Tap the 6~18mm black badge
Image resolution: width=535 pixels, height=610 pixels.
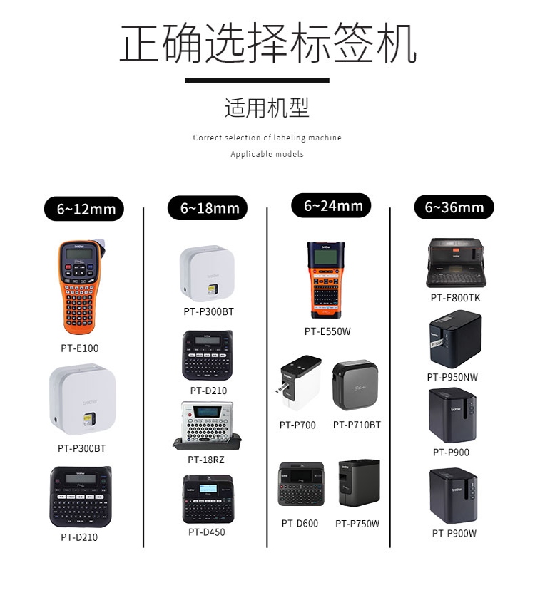coord(208,208)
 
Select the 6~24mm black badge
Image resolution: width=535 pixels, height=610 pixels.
coord(332,206)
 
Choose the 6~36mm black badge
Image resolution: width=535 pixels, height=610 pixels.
coord(454,207)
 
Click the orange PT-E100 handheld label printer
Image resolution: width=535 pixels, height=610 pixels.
coord(79,287)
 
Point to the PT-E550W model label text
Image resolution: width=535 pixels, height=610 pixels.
coord(327,331)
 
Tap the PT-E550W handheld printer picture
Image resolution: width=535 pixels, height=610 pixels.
coord(326,280)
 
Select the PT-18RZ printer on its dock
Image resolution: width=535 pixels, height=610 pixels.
coord(207,425)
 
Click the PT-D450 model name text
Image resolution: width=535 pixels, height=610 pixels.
coord(207,532)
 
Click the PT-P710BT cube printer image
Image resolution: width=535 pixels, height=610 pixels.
coord(356,386)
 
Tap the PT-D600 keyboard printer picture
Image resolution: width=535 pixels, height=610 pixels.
coord(300,485)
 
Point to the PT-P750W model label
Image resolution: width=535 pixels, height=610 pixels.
coord(357,524)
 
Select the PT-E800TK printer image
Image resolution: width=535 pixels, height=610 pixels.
coord(455,263)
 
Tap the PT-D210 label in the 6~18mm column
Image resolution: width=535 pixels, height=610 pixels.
coord(208,391)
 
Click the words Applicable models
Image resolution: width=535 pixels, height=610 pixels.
coord(267,154)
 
